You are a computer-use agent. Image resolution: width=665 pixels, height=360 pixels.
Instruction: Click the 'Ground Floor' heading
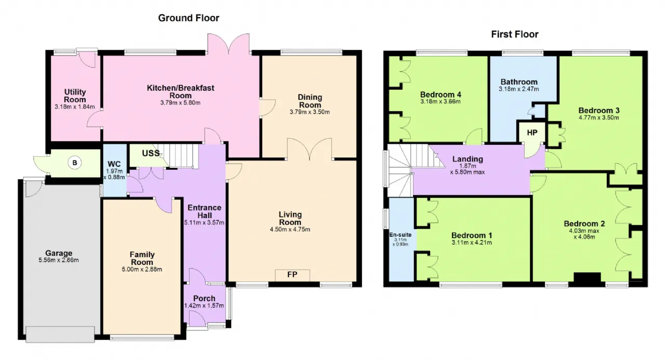[x=189, y=18]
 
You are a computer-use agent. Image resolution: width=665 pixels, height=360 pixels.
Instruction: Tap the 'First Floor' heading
[x=514, y=34]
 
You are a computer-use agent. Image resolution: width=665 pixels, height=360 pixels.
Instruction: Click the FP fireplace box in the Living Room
[x=292, y=275]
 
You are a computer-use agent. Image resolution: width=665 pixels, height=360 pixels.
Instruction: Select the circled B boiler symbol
[x=75, y=163]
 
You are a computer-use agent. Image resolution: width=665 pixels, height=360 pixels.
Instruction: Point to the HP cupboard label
[x=532, y=132]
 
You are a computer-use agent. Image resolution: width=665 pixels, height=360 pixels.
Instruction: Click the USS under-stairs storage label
[x=151, y=153]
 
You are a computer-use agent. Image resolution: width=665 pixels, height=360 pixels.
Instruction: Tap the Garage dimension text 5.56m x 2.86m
[x=59, y=260]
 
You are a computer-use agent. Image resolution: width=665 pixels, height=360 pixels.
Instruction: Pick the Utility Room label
[x=75, y=96]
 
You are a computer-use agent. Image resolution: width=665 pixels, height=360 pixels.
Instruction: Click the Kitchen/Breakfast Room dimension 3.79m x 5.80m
[x=180, y=103]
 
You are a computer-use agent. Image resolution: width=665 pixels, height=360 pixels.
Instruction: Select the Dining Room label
[x=310, y=101]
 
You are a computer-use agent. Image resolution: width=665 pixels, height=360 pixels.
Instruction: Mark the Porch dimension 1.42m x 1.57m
[x=204, y=305]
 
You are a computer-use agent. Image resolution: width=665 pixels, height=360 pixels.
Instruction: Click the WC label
[x=114, y=164]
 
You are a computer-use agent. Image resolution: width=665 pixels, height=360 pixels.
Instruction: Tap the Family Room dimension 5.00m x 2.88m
[x=142, y=270]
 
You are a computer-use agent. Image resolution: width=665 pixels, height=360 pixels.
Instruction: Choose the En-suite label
[x=400, y=235]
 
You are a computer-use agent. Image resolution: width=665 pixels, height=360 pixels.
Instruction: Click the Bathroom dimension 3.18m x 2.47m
[x=518, y=89]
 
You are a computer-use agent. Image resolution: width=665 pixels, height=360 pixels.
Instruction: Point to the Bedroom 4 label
[x=441, y=95]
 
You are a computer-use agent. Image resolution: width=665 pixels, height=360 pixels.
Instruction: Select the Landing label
[x=468, y=159]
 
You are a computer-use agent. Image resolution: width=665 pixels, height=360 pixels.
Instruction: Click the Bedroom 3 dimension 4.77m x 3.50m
[x=599, y=117]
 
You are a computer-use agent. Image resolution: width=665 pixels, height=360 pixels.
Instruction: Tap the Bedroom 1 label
[x=472, y=236]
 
